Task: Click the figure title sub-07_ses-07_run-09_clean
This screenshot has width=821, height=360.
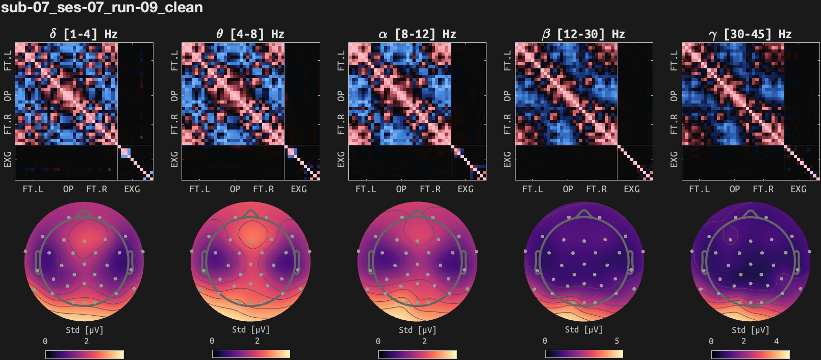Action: [x=102, y=8]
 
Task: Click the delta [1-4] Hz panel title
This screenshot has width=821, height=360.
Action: [x=84, y=34]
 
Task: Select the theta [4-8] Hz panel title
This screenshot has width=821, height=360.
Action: [x=250, y=34]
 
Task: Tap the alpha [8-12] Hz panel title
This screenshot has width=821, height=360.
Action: [x=417, y=34]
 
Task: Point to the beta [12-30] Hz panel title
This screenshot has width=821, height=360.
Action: [x=583, y=34]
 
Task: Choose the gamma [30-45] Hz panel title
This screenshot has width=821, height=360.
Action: [x=750, y=34]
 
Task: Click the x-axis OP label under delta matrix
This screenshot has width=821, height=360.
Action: [x=68, y=189]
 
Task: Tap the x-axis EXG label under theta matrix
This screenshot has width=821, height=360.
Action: [x=299, y=189]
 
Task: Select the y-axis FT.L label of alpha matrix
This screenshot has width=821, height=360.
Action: [x=341, y=60]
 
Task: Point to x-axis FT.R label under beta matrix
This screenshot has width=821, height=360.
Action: [x=597, y=189]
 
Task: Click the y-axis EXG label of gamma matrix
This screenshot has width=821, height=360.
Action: [x=674, y=159]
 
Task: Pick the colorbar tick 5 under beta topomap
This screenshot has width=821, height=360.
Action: [x=617, y=341]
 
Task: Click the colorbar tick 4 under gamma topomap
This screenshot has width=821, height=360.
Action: [x=777, y=341]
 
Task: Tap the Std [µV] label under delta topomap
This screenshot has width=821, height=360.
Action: [x=85, y=330]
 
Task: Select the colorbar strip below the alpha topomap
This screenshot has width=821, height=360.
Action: [x=418, y=354]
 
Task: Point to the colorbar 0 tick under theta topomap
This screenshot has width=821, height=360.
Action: [x=212, y=341]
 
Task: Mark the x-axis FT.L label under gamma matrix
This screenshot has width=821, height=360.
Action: [x=699, y=189]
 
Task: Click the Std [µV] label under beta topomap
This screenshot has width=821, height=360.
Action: [x=584, y=330]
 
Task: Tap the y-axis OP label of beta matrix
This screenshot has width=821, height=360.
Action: [x=507, y=96]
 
